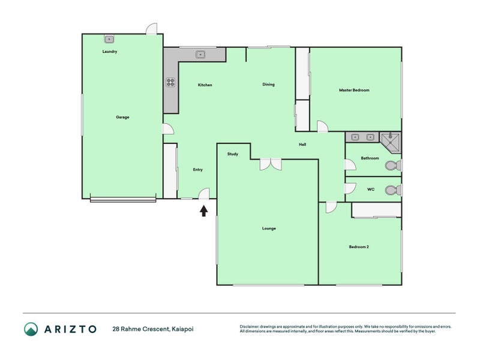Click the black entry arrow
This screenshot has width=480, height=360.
tap(204, 211)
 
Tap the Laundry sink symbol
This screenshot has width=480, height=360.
tap(109, 39)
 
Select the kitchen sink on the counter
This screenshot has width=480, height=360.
tap(200, 55)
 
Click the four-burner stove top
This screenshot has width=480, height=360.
tap(170, 82)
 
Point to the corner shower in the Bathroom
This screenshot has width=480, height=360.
tap(391, 142)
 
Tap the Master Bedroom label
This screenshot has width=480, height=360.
tap(354, 90)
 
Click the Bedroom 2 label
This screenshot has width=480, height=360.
tap(359, 247)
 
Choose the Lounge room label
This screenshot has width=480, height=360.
tap(269, 229)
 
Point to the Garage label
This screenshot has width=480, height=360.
tap(122, 117)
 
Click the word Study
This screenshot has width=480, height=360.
tap(233, 154)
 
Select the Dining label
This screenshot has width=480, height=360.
tap(268, 85)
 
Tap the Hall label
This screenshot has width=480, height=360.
tap(302, 145)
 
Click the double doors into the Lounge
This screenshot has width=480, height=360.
tap(271, 164)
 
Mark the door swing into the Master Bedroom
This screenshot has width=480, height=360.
tap(322, 127)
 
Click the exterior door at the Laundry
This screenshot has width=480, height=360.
tap(152, 29)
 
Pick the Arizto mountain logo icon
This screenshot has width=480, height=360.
tap(31, 329)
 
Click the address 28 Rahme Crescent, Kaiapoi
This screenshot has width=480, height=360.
tap(153, 329)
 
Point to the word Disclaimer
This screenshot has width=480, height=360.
tap(250, 326)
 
